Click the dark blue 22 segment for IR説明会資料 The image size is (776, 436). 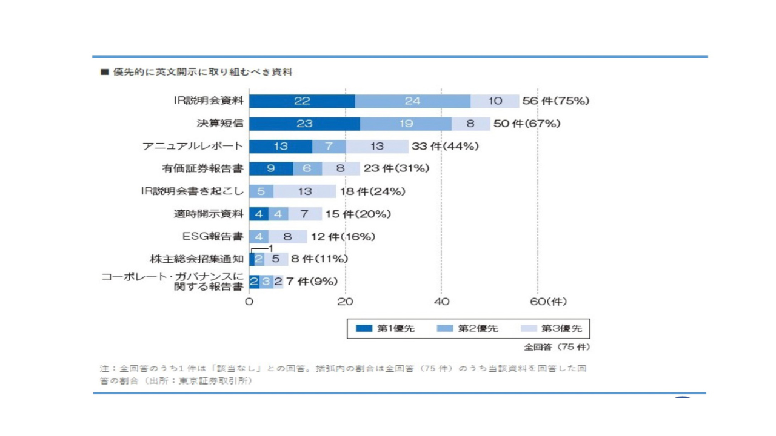(x=302, y=101)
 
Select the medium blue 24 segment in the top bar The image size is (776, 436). (x=412, y=101)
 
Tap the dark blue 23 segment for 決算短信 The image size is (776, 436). (x=304, y=124)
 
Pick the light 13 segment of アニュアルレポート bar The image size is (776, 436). (x=377, y=146)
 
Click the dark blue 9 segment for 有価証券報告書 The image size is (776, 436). (x=271, y=168)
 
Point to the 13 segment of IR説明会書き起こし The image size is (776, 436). (x=304, y=191)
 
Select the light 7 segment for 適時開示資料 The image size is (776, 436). (x=304, y=214)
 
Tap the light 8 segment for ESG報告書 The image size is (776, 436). (x=287, y=236)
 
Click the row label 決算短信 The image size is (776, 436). (x=220, y=124)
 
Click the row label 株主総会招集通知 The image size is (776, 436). (x=196, y=259)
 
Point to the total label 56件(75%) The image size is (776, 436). (x=555, y=101)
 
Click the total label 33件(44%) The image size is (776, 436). (x=446, y=146)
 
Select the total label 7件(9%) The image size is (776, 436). (x=312, y=282)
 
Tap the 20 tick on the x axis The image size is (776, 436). (x=345, y=302)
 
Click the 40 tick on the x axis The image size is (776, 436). (x=441, y=302)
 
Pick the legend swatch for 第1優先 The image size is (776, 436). (x=364, y=328)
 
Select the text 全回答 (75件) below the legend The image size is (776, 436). (x=557, y=347)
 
